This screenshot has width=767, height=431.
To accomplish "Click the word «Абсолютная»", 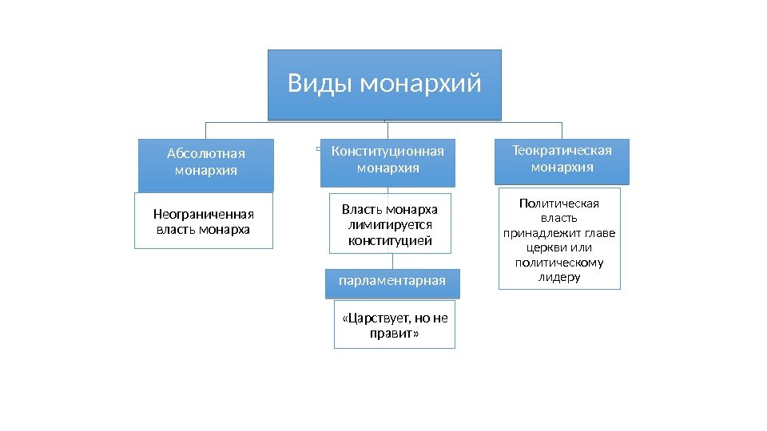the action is point(205,154).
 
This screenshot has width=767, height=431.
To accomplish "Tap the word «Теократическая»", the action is point(562,151).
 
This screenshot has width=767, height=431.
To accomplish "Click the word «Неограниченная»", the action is point(203,214).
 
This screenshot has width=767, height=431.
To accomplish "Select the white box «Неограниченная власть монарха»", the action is point(203,221).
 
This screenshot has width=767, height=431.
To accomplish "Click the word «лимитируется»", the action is point(390,225).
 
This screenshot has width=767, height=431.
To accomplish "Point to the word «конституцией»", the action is point(390,239).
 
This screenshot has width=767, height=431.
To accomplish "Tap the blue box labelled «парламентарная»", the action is point(392,281).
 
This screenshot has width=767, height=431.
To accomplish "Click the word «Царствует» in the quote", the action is point(372,318).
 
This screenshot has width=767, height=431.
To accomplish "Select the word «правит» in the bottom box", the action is point(394,334).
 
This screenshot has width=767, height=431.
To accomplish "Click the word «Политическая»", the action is point(558,203).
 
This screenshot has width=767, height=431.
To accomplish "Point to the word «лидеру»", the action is point(558,277).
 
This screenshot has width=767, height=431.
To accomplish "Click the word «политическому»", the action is point(558,262).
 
